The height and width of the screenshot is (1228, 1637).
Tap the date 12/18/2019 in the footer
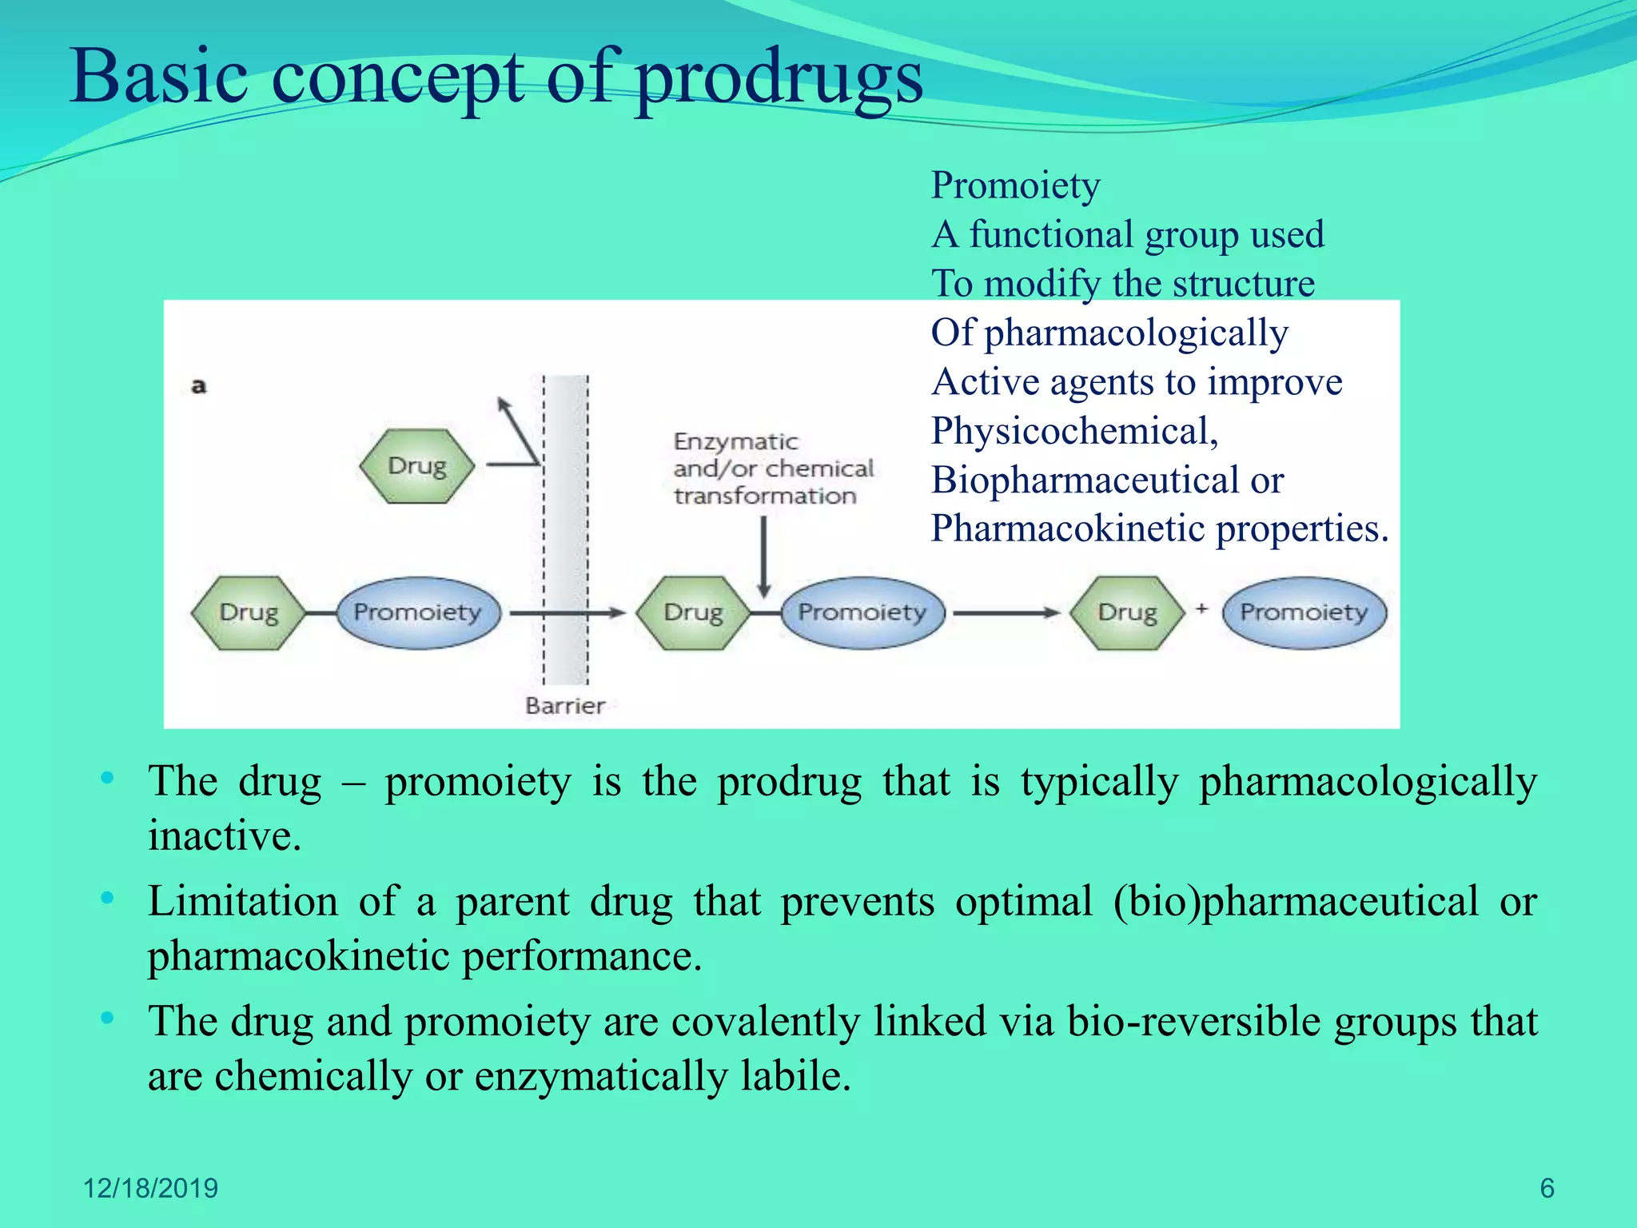tap(150, 1188)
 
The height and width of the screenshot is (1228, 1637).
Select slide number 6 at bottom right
tap(1547, 1188)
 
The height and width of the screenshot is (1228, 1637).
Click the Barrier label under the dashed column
tap(564, 705)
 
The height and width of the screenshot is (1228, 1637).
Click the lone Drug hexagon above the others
tap(416, 465)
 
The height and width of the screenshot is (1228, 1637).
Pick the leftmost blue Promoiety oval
tap(418, 612)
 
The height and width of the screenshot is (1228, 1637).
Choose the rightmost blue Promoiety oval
tap(1304, 612)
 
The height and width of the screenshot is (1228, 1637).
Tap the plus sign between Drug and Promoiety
tap(1201, 609)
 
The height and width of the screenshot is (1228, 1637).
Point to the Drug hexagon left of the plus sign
tap(1127, 612)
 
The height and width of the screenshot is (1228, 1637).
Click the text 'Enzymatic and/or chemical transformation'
tap(772, 468)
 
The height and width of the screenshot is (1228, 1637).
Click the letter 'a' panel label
tap(199, 386)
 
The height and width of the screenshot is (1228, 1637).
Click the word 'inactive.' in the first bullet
tap(225, 836)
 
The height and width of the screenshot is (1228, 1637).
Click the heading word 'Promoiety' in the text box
tap(1015, 185)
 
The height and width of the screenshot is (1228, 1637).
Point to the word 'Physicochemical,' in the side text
tap(1074, 432)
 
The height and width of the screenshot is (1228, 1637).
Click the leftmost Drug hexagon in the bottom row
tap(249, 612)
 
